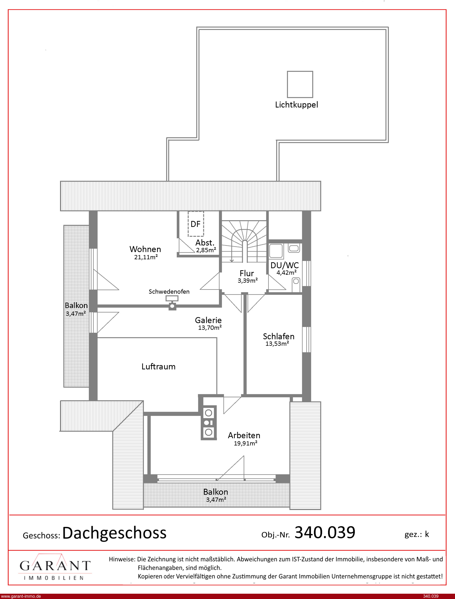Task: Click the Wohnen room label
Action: (145, 249)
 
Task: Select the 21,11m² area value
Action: (146, 257)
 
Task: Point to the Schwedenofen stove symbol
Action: (172, 303)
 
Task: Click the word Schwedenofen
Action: (169, 292)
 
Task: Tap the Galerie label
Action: (208, 320)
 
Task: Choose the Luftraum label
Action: (159, 367)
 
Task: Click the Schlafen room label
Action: (278, 336)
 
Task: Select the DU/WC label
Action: (285, 265)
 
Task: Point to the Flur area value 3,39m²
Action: (248, 281)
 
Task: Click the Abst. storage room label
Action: (205, 243)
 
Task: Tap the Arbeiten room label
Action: (244, 435)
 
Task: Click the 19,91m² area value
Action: (246, 443)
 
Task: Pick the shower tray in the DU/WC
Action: (276, 251)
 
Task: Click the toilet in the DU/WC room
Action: (296, 285)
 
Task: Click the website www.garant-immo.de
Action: (21, 596)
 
